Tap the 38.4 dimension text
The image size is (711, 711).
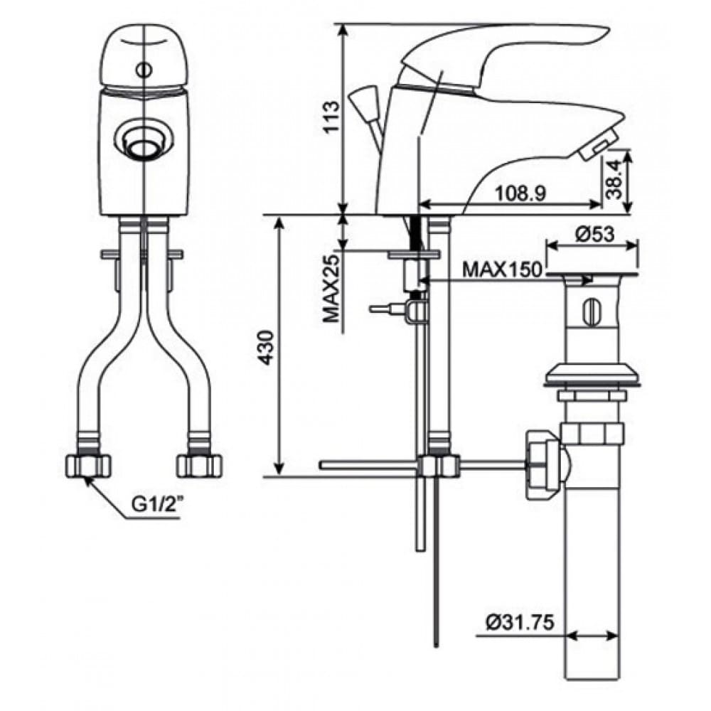pyautogui.click(x=616, y=180)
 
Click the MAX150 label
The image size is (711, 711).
pyautogui.click(x=503, y=270)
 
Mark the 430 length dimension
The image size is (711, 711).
pyautogui.click(x=264, y=346)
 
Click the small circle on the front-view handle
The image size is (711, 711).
pyautogui.click(x=144, y=70)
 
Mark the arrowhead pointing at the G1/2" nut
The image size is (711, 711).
pyautogui.click(x=88, y=482)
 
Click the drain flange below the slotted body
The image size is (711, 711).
pyautogui.click(x=591, y=375)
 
